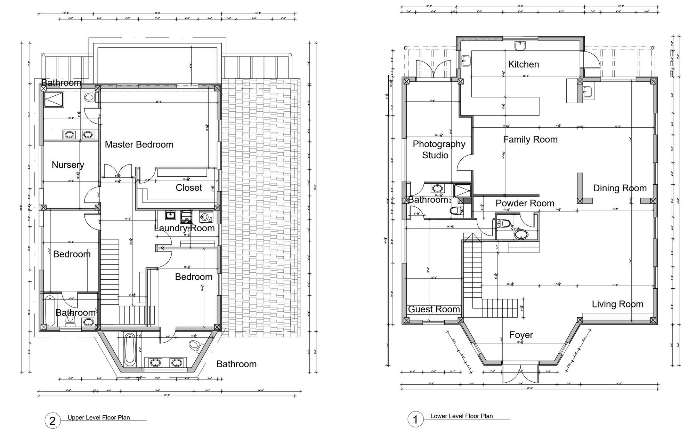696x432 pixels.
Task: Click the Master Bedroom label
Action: (x=139, y=145)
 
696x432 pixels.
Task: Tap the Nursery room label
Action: (x=68, y=165)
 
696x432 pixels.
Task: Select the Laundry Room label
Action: (x=184, y=228)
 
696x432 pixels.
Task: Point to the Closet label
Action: (x=189, y=188)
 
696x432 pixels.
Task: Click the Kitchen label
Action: (x=524, y=64)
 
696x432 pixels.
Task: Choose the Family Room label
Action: (x=530, y=139)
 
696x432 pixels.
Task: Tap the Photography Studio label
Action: (x=439, y=150)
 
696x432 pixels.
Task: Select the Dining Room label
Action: (x=620, y=188)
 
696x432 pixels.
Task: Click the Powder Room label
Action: (x=525, y=203)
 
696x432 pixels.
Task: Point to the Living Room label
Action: (x=617, y=304)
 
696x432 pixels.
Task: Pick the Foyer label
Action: (x=521, y=335)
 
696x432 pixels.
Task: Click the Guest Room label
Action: (x=434, y=309)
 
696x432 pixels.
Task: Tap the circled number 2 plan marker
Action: (x=52, y=421)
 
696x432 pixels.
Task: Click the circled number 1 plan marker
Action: (x=415, y=419)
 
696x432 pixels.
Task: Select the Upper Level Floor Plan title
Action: (x=99, y=418)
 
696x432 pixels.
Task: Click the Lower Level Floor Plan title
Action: (x=461, y=416)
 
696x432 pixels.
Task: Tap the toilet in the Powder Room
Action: (x=503, y=223)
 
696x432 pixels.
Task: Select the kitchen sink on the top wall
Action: (x=520, y=46)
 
